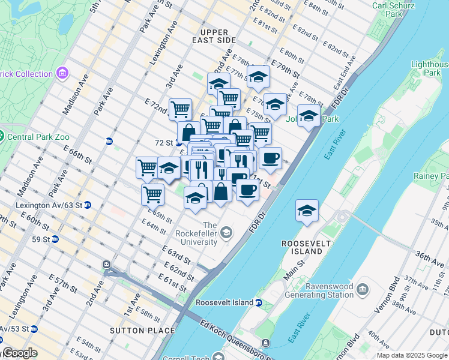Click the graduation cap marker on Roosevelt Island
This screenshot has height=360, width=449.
[307, 211]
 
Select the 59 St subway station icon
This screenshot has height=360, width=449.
[55, 239]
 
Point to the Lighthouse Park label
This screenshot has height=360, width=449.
[430, 68]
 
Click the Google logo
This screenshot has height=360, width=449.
[19, 353]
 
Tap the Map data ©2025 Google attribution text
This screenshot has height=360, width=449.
[411, 355]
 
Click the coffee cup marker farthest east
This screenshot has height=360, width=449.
[271, 158]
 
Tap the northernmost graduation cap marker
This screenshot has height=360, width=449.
[258, 76]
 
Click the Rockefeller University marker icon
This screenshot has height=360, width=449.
[226, 232]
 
